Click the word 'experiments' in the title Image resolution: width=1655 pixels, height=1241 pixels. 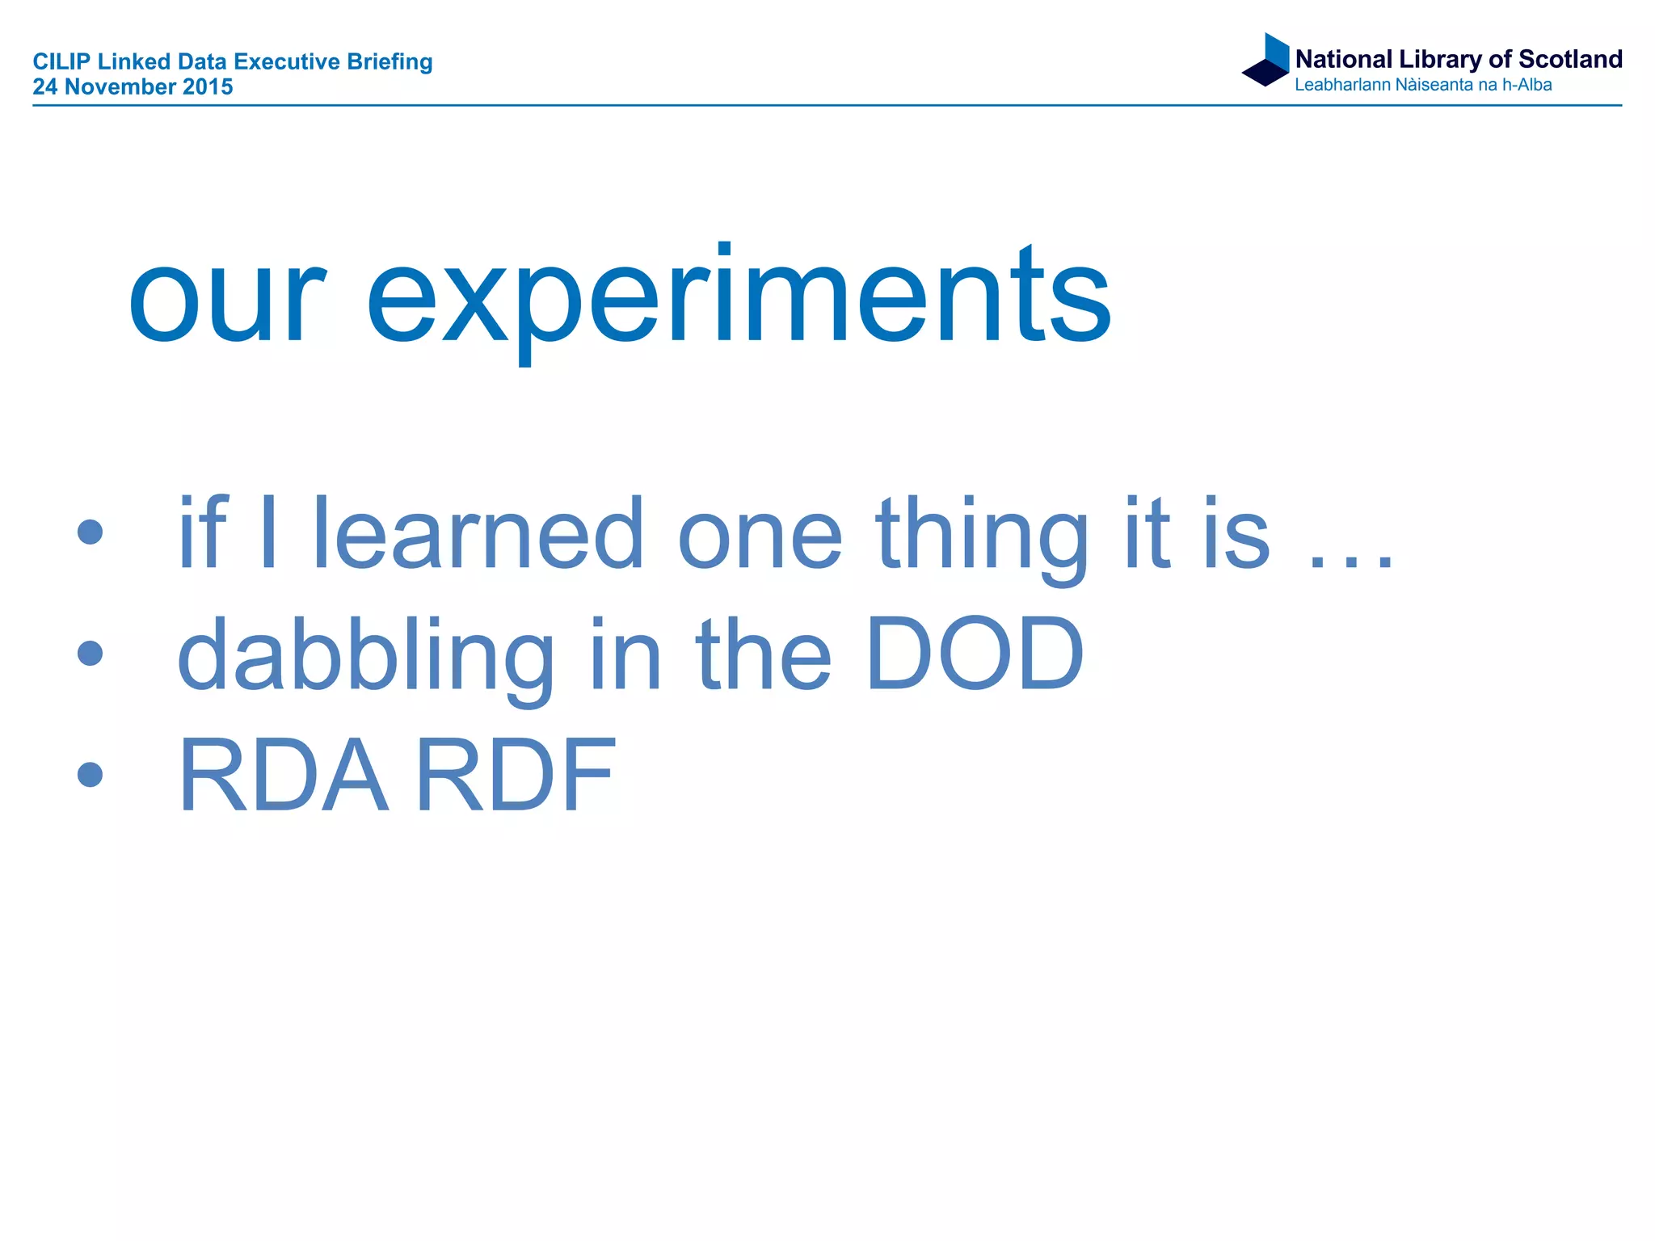point(739,299)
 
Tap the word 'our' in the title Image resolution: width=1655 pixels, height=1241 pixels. point(226,299)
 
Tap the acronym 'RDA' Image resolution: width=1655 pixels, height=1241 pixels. point(283,776)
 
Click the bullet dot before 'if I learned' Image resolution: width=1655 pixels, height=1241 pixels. point(91,532)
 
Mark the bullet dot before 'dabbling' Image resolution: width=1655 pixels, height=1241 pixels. point(91,653)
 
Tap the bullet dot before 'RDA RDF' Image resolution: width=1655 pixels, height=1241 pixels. point(91,774)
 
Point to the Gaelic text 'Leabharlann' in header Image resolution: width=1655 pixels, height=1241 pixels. point(1342,85)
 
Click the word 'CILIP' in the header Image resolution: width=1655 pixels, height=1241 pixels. point(61,62)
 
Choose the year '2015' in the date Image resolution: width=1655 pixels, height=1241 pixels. point(208,87)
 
